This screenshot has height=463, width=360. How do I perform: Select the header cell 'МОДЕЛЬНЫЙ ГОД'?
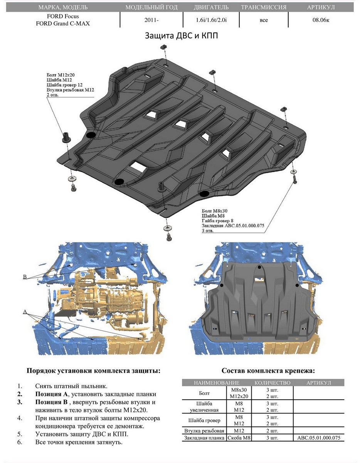click(x=151, y=7)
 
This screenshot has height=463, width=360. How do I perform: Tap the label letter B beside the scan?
click(x=25, y=277)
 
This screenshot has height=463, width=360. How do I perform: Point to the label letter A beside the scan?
click(x=25, y=311)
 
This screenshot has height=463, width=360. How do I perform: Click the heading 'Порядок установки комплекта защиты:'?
click(x=93, y=371)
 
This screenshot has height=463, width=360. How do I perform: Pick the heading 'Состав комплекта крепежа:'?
click(x=268, y=371)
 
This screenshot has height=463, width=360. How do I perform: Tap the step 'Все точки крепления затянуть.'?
click(x=79, y=442)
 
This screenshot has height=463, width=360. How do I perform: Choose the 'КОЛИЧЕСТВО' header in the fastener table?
click(x=272, y=383)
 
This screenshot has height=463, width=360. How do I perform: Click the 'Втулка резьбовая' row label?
click(x=204, y=431)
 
